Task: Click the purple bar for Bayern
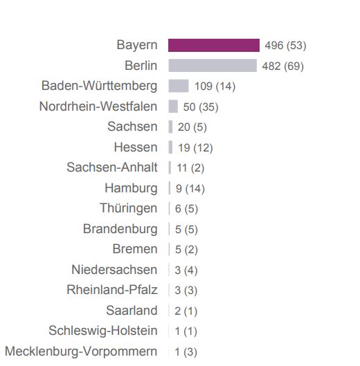pos(213,46)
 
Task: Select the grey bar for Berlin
pos(212,66)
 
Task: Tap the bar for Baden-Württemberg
pos(179,86)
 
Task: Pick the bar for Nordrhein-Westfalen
pos(173,107)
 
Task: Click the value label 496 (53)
pos(285,46)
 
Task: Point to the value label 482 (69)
pos(282,66)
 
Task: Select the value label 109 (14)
pos(215,86)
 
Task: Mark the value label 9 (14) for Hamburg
pos(190,188)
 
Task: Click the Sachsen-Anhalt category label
pos(112,167)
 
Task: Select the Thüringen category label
pos(129,208)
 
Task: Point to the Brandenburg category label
pos(120,229)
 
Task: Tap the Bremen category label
pos(135,249)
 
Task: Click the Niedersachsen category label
pos(114,270)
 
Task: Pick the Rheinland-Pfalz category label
pos(112,290)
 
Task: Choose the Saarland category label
pos(132,311)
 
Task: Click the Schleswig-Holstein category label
pos(103,331)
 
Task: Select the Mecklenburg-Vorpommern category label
pos(81,351)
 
